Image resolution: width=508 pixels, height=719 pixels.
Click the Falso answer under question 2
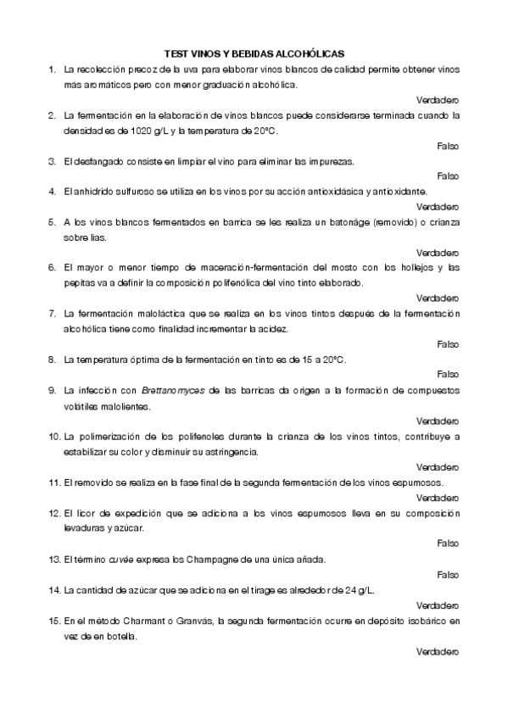447,146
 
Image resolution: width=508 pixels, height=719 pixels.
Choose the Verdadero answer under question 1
438,99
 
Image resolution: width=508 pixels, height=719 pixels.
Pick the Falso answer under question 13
447,574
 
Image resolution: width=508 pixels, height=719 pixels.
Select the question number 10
53,437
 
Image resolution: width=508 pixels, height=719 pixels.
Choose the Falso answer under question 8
447,374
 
